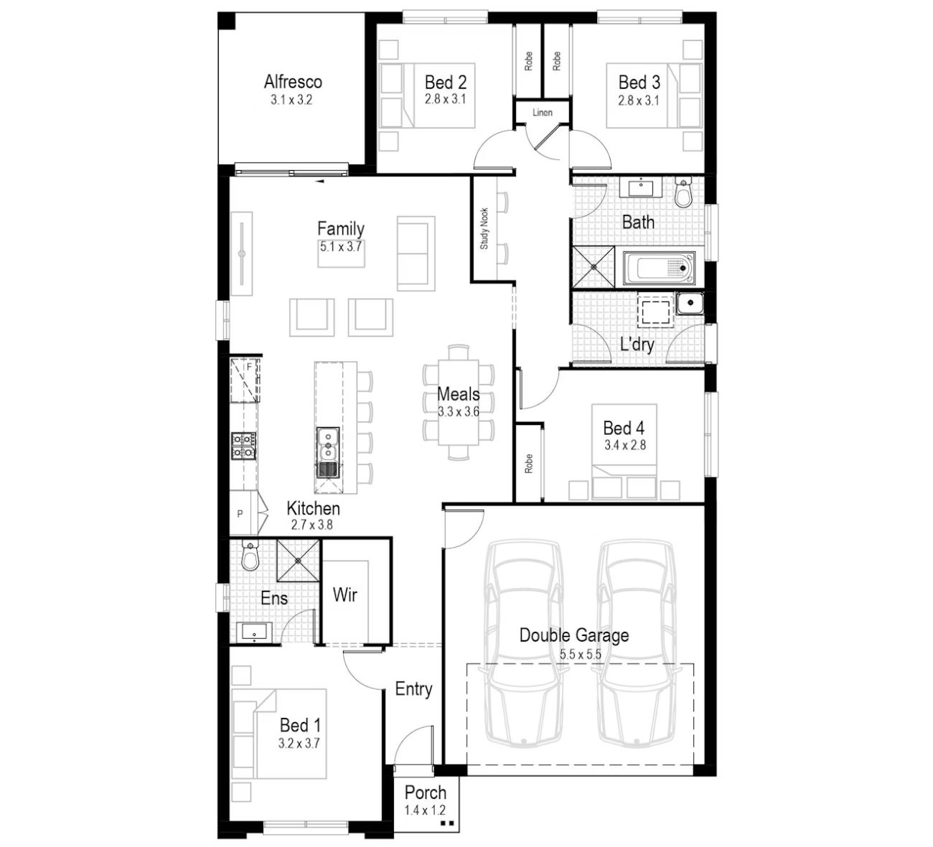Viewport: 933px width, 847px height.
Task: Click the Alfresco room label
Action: tap(293, 82)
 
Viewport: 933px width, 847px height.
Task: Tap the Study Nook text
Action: tap(484, 228)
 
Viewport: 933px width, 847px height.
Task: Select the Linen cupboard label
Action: tap(543, 113)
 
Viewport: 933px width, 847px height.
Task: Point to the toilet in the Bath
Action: tap(683, 192)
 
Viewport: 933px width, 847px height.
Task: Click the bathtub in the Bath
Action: tap(659, 268)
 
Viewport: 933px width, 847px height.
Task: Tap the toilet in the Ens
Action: tap(250, 556)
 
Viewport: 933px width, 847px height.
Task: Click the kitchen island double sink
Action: tap(328, 452)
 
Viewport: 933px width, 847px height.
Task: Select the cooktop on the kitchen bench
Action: tap(244, 446)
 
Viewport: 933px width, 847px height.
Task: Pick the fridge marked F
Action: tap(245, 380)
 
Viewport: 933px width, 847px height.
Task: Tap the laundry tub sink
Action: tap(690, 304)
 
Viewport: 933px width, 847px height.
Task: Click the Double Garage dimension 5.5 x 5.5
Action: tap(580, 655)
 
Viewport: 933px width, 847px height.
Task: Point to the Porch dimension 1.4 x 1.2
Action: tap(425, 810)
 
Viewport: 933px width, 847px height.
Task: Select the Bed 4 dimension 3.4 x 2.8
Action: tap(625, 445)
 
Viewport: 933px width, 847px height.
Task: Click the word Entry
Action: tap(413, 689)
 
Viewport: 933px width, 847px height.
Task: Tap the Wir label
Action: tap(345, 595)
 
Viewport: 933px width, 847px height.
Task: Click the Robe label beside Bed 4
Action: tap(528, 464)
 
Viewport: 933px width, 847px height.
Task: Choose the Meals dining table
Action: tap(459, 402)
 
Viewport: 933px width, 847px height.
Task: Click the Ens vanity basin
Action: tap(254, 632)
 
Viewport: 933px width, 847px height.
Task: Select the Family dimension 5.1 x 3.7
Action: tap(341, 246)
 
